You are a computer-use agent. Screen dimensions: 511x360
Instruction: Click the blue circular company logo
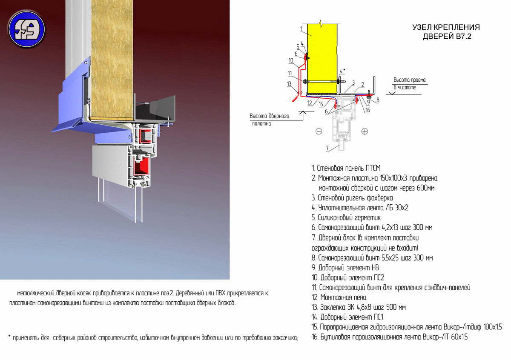click(27, 29)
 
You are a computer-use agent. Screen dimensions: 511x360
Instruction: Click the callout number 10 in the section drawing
click(290, 60)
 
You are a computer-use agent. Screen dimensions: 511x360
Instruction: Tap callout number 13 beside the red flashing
click(289, 84)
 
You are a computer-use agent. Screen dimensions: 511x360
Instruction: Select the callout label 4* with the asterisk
click(342, 71)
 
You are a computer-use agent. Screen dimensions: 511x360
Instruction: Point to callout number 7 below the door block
click(327, 148)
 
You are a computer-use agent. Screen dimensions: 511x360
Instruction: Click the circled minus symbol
click(319, 131)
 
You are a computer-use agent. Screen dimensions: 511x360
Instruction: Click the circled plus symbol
click(365, 131)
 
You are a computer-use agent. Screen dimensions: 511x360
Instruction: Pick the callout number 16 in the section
click(367, 110)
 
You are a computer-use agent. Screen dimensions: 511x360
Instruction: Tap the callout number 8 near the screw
click(378, 100)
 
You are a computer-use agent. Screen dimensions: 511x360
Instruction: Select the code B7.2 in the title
click(464, 37)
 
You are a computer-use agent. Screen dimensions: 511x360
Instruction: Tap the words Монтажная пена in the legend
click(343, 297)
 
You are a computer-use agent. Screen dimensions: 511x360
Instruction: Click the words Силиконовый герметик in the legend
click(349, 218)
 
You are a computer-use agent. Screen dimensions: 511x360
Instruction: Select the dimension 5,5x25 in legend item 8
click(390, 257)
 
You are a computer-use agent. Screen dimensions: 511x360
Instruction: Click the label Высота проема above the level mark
click(410, 80)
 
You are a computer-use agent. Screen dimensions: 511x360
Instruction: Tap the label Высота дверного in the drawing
click(270, 116)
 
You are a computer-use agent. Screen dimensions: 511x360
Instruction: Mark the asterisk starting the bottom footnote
click(9, 336)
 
